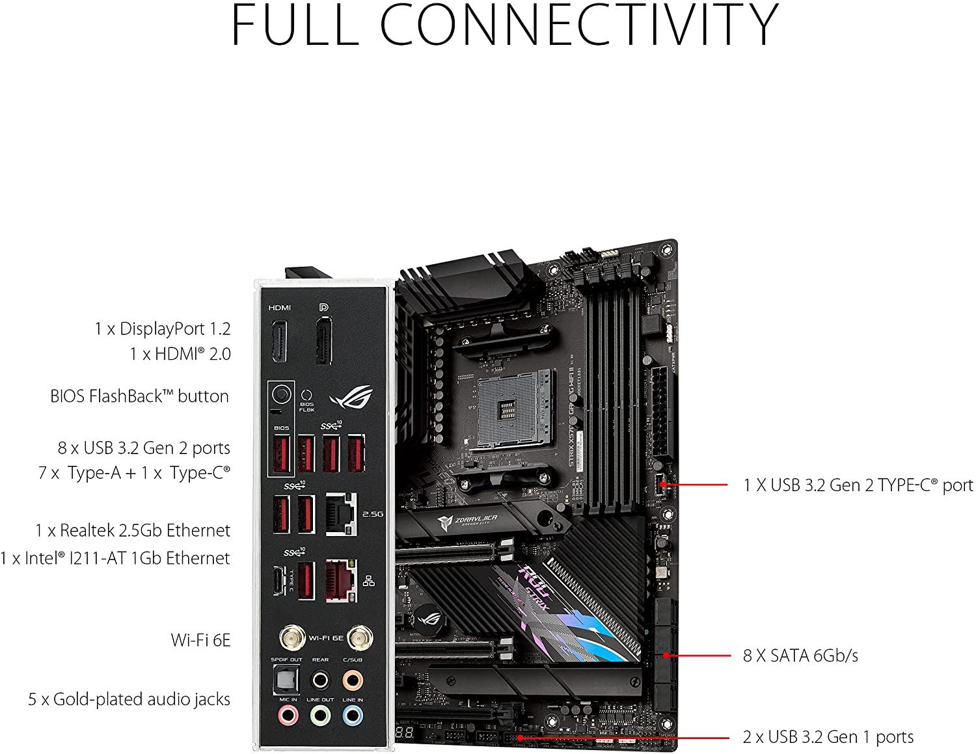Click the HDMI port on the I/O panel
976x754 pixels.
(279, 342)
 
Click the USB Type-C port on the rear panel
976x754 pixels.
(280, 580)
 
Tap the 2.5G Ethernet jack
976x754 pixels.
(341, 513)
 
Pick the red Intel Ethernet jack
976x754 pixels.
(341, 580)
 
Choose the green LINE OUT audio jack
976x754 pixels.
(320, 716)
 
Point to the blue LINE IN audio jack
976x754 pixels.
(352, 716)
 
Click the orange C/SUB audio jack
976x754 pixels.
(352, 680)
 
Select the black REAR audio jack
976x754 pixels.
(320, 680)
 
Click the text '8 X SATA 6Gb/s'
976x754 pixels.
(800, 655)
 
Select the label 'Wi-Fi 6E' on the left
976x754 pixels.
(200, 640)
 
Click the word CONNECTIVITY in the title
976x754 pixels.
(578, 25)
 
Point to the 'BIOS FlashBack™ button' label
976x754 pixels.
(139, 396)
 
